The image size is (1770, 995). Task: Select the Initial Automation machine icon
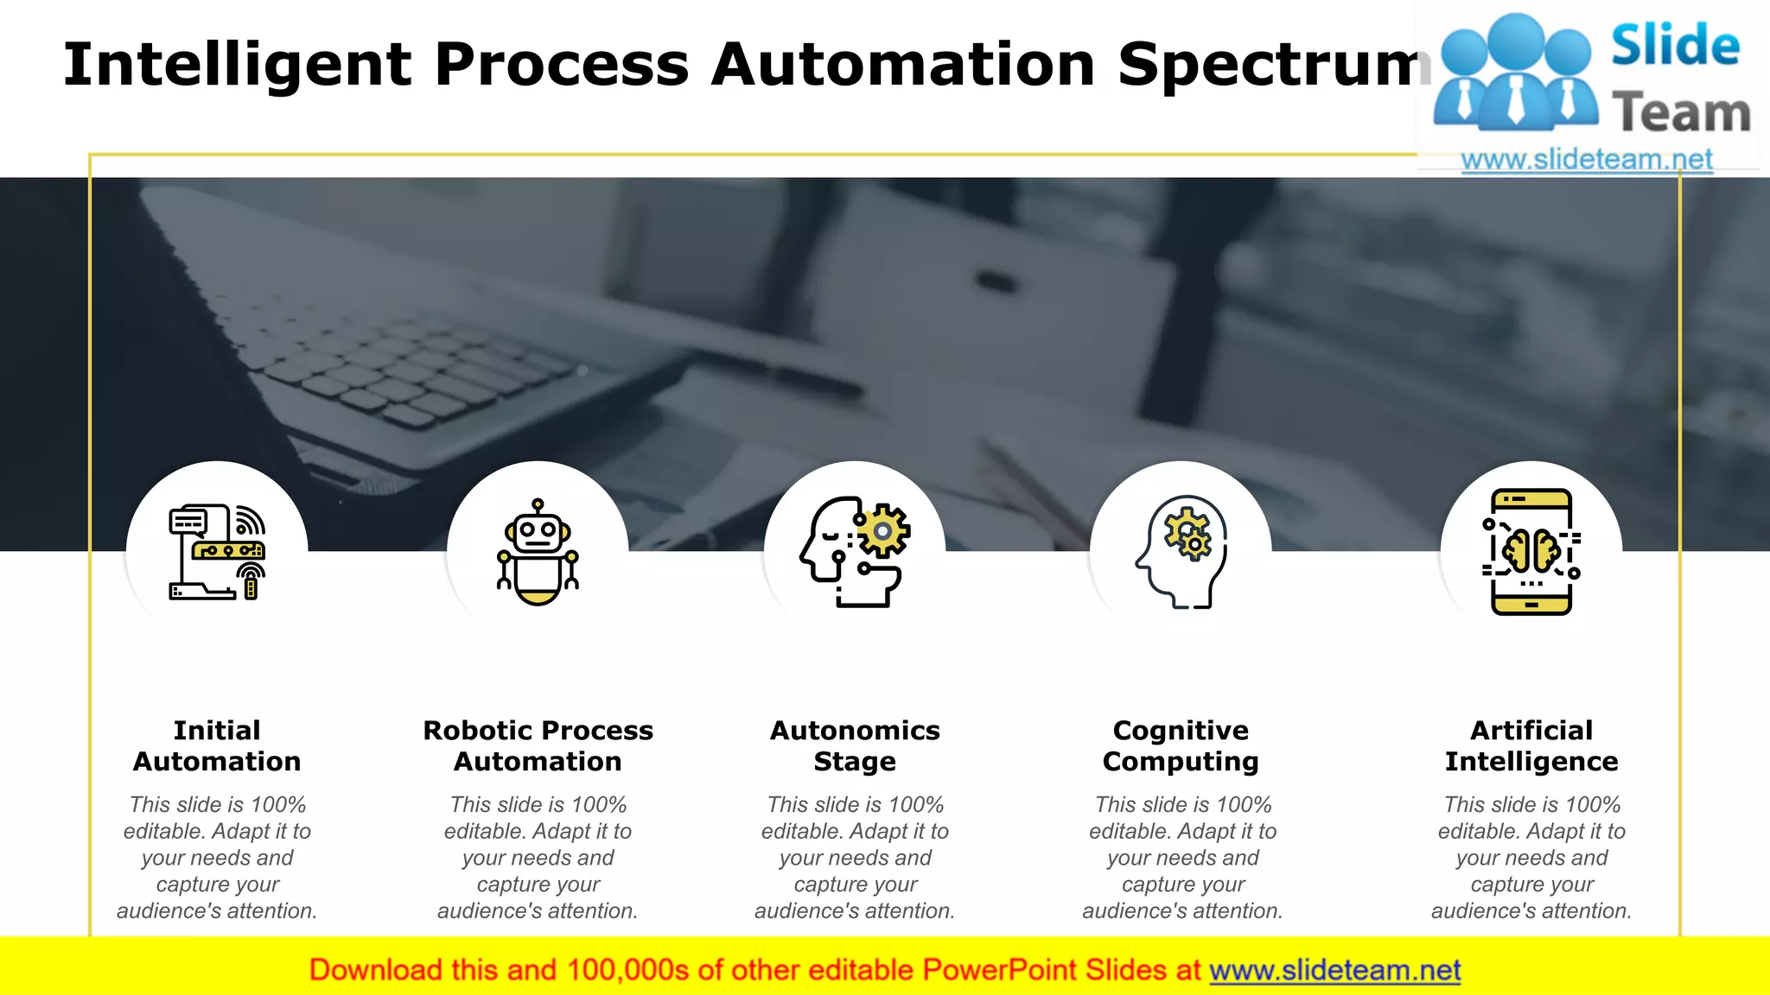(216, 553)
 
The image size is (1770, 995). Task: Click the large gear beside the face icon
(882, 530)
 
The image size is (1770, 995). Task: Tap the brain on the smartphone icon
(1531, 550)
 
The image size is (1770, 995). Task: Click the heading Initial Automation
(217, 745)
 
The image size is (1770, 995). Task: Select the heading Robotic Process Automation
(538, 745)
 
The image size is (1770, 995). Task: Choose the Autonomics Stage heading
(855, 745)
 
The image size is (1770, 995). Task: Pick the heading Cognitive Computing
(1181, 745)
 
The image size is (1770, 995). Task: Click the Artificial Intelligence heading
(1531, 745)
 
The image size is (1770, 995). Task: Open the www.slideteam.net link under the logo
(1587, 160)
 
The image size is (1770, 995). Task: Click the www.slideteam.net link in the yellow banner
(1334, 971)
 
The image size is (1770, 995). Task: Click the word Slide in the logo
(1675, 46)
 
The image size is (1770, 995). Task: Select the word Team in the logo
(1681, 113)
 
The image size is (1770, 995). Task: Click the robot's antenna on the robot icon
(538, 504)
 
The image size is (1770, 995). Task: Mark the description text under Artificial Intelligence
(1531, 858)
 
